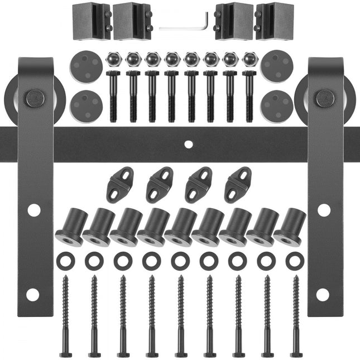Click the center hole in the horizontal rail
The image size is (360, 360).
pos(188,144)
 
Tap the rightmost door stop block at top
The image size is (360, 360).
pos(274,21)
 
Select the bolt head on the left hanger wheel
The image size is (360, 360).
pos(36,99)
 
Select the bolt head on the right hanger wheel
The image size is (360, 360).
pos(325,98)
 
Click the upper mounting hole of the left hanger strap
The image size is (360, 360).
pos(34,210)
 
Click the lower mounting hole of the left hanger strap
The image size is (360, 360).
pos(32,294)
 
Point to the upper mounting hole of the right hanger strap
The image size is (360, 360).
pos(324,210)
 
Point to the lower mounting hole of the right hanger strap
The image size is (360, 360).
pos(323,294)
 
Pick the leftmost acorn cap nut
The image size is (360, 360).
pos(114,59)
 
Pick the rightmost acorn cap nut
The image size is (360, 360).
pos(249,59)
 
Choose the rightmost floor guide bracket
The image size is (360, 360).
pos(238,184)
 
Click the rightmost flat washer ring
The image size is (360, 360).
pos(295,261)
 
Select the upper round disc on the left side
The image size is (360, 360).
pos(86,66)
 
